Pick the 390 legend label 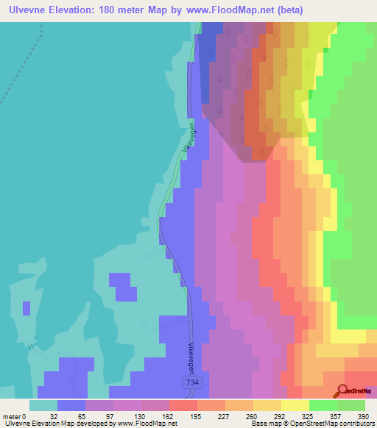tap(364, 416)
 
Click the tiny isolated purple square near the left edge tap(27, 308)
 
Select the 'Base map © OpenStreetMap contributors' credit tap(310, 424)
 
